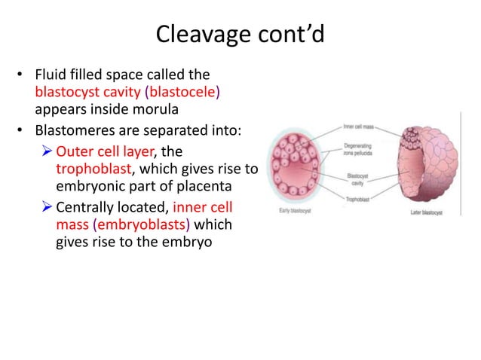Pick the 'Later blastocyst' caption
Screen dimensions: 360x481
tap(426, 213)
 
